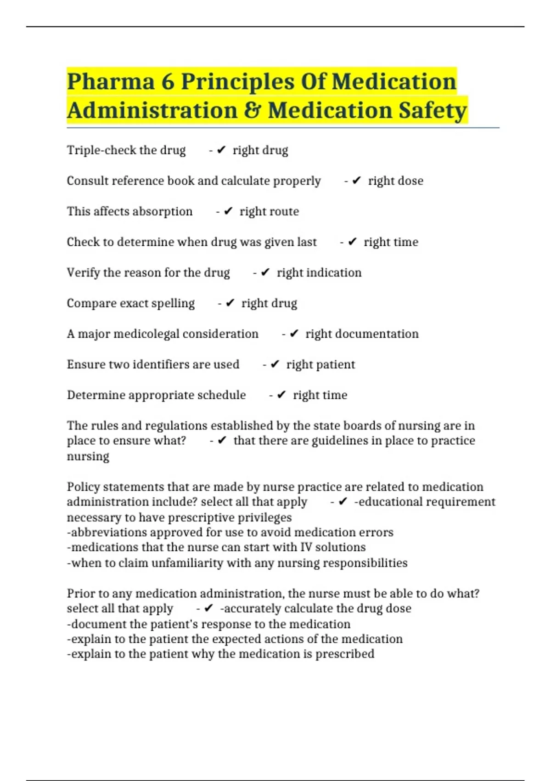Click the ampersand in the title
253,111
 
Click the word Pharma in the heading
111,82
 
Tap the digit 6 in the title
168,82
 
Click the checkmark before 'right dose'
357,181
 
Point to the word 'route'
284,211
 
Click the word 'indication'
334,272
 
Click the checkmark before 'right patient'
275,364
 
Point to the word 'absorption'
163,211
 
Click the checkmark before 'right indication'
265,272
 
